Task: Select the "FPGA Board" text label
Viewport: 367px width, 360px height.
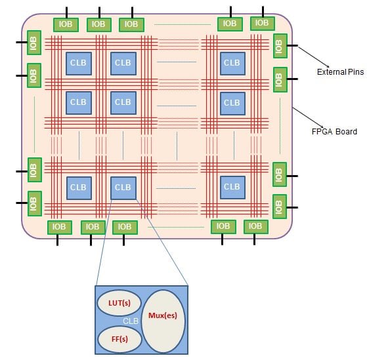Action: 334,131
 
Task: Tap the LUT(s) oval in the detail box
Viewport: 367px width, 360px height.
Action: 119,304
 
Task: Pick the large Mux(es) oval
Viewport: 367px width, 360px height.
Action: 163,320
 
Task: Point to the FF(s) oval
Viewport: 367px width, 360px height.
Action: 118,339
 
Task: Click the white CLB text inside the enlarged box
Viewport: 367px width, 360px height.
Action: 131,322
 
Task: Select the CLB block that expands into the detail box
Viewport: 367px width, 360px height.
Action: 123,188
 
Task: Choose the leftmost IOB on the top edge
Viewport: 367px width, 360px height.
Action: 66,25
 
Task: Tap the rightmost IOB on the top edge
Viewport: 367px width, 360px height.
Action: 261,23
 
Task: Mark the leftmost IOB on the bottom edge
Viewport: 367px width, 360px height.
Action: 60,227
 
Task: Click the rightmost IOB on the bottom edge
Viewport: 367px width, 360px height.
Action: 255,227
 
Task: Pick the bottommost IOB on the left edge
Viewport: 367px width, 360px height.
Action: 34,204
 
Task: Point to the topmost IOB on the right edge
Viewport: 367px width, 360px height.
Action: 280,46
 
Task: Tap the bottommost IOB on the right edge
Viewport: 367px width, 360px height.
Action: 280,206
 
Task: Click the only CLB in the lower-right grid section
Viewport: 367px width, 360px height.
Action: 232,188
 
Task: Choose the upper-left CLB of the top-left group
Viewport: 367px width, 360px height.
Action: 78,63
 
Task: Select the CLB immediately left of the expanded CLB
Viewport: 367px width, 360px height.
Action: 78,188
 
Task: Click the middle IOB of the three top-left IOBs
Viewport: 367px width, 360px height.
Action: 98,25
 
